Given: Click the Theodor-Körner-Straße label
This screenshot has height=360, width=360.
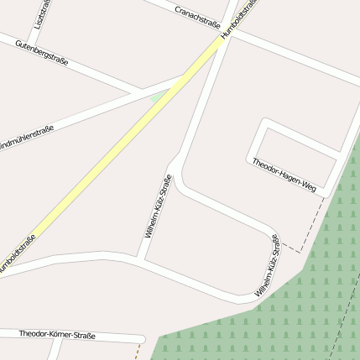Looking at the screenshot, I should pos(57,335).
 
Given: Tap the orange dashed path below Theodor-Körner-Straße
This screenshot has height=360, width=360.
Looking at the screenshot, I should pos(137,352).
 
